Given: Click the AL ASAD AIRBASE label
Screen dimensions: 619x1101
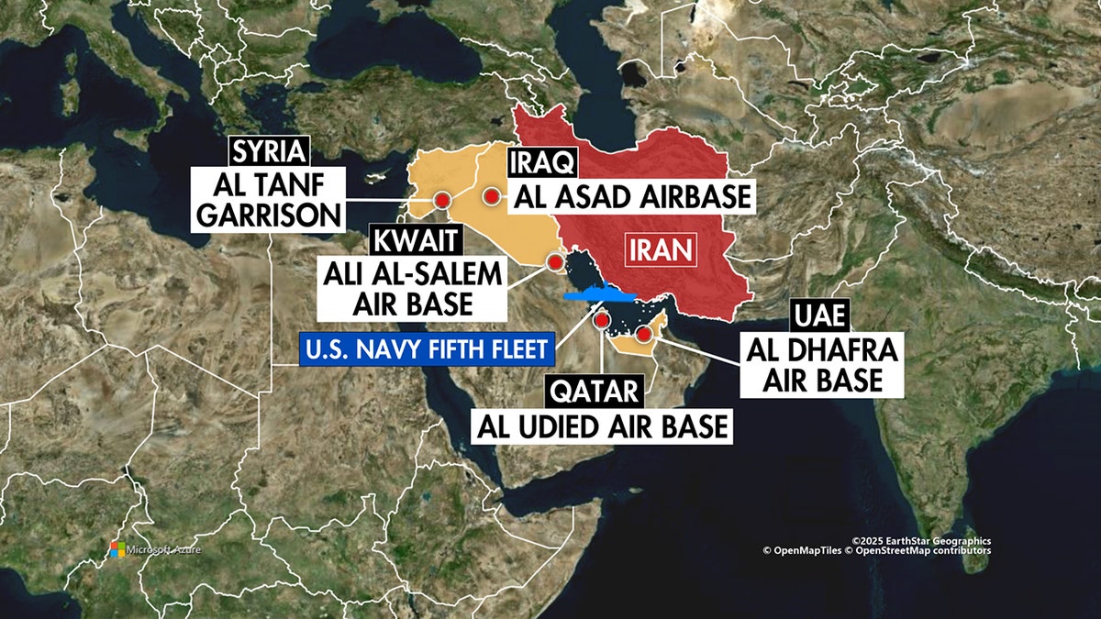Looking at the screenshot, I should point(631,196).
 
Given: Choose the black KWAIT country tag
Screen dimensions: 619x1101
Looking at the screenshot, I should point(415,241).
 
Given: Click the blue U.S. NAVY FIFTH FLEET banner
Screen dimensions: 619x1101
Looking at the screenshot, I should point(428,348).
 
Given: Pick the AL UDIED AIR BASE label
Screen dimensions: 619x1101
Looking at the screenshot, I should point(602,426).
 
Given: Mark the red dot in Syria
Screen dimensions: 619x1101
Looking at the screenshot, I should point(443,200).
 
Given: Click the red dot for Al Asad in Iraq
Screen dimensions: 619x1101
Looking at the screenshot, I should point(493,195).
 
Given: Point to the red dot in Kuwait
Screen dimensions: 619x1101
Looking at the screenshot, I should point(555,262).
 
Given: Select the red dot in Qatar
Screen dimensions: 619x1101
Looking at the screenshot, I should point(603,320).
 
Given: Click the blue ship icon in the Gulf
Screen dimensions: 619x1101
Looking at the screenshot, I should point(598,294).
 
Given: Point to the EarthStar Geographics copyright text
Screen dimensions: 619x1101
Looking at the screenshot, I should point(920,541).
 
